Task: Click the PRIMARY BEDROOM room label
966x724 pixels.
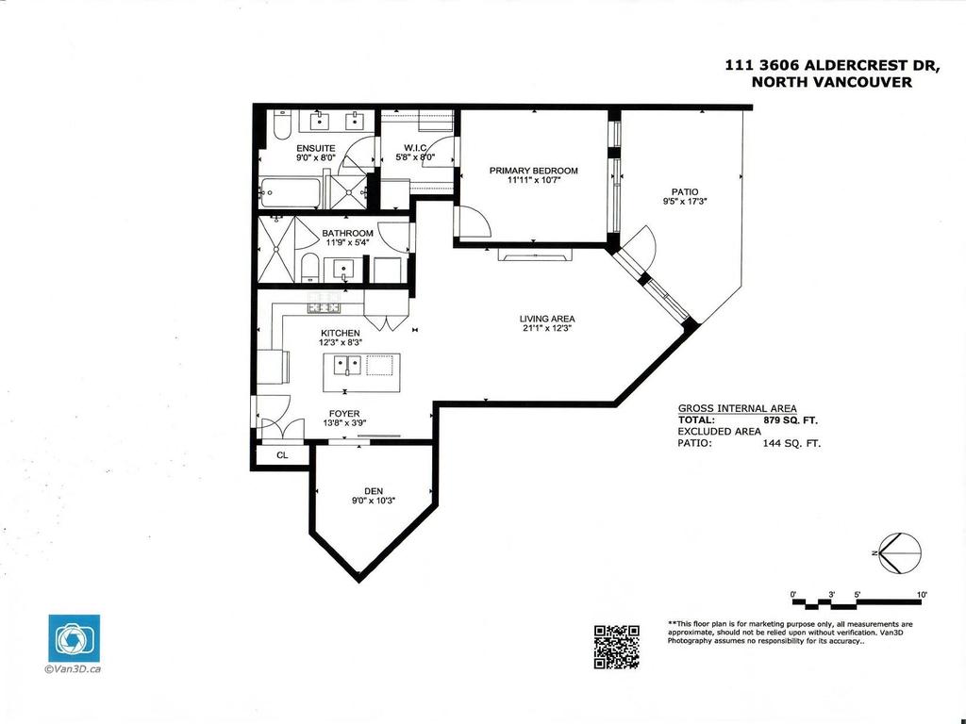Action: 533,171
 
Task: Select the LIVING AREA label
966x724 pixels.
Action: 547,319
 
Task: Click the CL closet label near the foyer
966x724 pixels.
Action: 282,455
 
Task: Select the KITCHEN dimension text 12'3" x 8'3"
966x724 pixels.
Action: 340,343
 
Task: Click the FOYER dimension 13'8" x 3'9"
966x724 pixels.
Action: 343,423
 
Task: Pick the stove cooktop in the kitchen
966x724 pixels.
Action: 324,306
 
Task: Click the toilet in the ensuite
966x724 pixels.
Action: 282,126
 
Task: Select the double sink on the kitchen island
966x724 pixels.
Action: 342,365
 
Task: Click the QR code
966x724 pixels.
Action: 617,647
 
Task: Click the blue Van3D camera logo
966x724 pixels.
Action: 74,639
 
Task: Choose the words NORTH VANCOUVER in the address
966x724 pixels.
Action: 831,82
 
